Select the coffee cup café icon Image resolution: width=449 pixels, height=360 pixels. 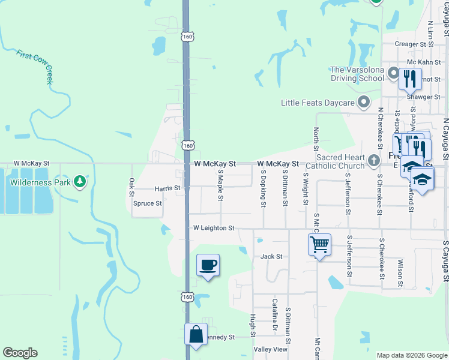pyautogui.click(x=208, y=265)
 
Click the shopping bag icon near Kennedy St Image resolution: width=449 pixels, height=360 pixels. pyautogui.click(x=196, y=334)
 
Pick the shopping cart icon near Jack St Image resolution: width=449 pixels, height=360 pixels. pyautogui.click(x=319, y=245)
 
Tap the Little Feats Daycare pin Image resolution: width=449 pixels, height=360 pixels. pyautogui.click(x=363, y=103)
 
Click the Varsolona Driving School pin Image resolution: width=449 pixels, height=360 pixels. pyautogui.click(x=393, y=74)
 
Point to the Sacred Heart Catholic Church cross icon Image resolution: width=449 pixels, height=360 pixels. pyautogui.click(x=374, y=160)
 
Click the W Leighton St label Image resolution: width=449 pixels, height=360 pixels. pyautogui.click(x=213, y=228)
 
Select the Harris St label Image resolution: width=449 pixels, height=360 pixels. pyautogui.click(x=167, y=188)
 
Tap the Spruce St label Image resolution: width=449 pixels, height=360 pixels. pyautogui.click(x=148, y=203)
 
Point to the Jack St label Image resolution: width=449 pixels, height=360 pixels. pyautogui.click(x=271, y=256)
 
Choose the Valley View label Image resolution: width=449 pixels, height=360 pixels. pyautogui.click(x=271, y=349)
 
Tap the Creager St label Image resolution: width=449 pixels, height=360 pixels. pyautogui.click(x=414, y=44)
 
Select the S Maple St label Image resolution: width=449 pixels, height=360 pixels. pyautogui.click(x=221, y=184)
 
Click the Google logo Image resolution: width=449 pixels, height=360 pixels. pyautogui.click(x=20, y=353)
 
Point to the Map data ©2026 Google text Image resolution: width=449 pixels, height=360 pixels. pyautogui.click(x=411, y=355)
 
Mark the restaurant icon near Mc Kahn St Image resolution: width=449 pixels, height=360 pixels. pyautogui.click(x=411, y=79)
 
